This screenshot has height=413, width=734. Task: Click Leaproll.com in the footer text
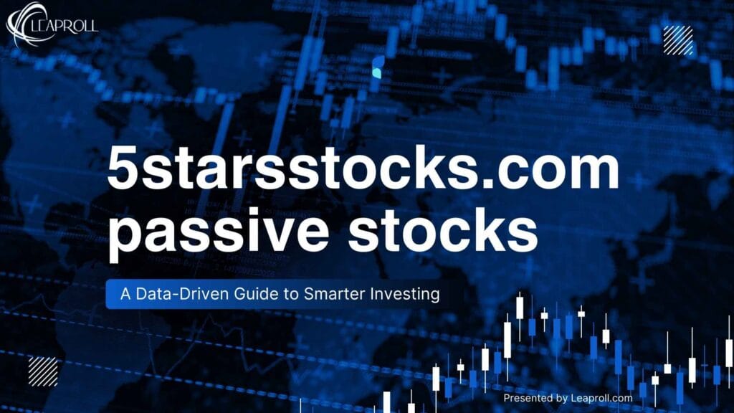tap(601, 398)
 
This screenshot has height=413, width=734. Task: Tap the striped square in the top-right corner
tap(677, 40)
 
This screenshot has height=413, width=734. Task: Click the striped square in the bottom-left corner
tap(42, 371)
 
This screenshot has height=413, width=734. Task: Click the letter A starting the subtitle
tap(120, 294)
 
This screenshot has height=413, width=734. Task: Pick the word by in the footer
tap(561, 398)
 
